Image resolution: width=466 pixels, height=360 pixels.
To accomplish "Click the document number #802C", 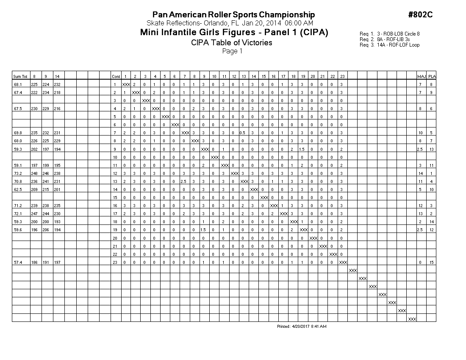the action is point(420,15).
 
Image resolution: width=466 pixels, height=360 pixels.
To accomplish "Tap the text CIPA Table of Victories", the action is point(231,42).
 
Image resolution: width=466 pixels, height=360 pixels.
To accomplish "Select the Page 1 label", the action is point(232,51).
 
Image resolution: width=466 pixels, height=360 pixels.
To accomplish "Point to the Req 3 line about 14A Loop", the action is point(389,45).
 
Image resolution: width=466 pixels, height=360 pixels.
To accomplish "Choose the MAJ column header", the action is point(421,77).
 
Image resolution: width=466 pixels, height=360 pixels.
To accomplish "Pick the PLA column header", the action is point(431,77).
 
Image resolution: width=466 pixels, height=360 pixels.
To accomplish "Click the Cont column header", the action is point(116,77).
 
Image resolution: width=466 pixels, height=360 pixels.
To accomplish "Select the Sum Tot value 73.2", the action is point(17,173).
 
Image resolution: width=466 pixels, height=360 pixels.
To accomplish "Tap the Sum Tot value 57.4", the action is point(17,263).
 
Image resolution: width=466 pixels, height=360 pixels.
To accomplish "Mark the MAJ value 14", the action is point(421,173).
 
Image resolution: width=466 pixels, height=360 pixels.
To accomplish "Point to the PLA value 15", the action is point(431,263).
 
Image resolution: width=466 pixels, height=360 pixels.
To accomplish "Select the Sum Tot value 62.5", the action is point(17,189).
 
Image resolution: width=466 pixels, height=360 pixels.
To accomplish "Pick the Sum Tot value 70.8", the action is point(17,181).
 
